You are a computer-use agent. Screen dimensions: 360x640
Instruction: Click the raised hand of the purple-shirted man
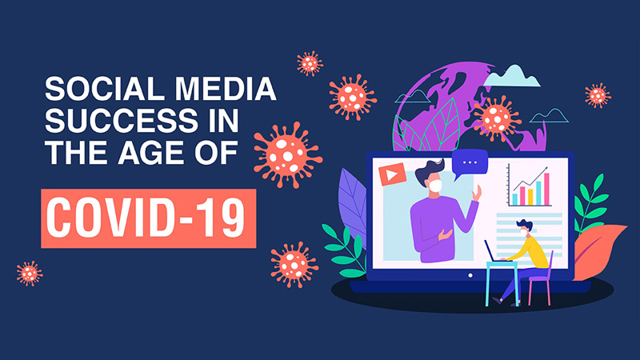pyautogui.click(x=478, y=193)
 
